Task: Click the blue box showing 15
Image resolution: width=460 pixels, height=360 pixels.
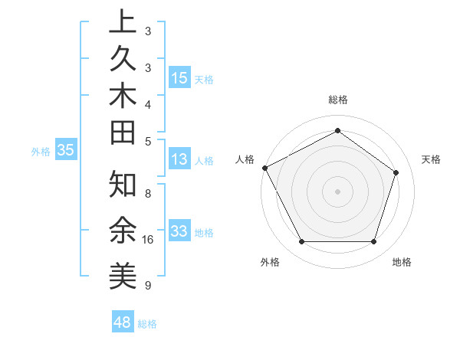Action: [179, 77]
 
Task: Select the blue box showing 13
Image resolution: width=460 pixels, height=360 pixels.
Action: [179, 159]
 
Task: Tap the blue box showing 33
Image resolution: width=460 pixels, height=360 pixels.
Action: [179, 231]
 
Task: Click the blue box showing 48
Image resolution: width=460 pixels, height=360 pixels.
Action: [122, 322]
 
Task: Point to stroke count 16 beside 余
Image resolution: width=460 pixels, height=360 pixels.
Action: [148, 240]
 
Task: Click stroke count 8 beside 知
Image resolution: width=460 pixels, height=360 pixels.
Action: [147, 194]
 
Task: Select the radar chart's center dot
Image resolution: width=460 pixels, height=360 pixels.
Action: [337, 191]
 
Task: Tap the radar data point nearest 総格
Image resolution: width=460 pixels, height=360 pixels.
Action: [337, 130]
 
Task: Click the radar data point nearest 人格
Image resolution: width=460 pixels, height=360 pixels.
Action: [264, 168]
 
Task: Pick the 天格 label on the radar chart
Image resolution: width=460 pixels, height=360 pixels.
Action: [432, 159]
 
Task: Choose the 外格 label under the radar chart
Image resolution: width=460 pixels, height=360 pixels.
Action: [270, 262]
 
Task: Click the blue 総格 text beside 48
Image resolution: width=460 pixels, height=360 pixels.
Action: [147, 324]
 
